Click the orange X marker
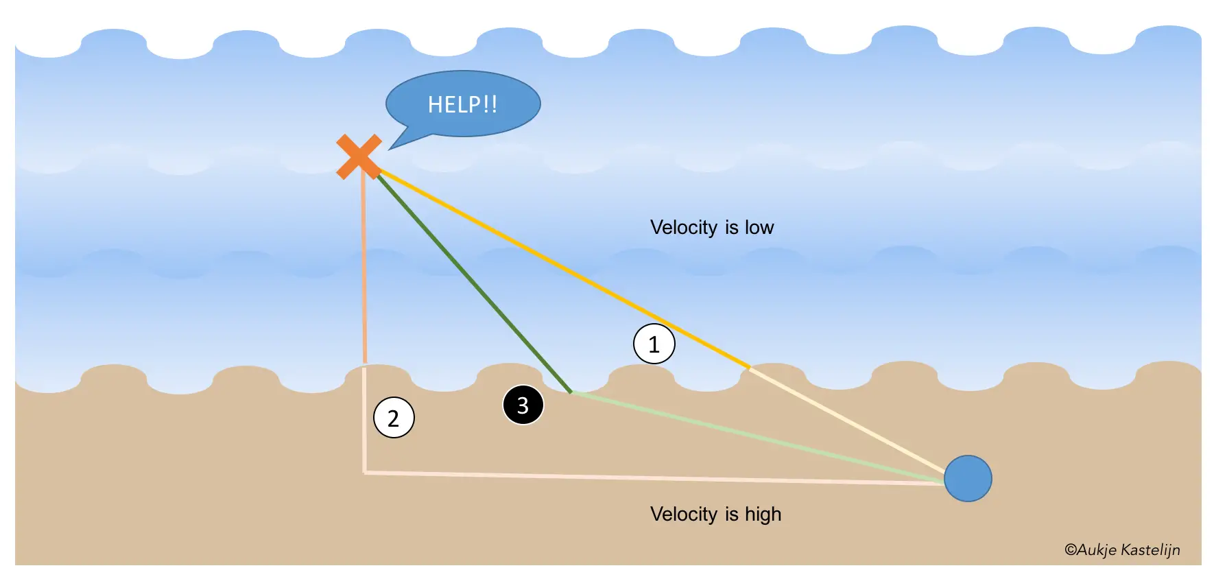click(x=359, y=156)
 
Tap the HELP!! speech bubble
click(x=464, y=104)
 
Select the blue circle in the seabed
click(x=968, y=478)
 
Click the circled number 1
click(x=654, y=344)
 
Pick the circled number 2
click(x=394, y=417)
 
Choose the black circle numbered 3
click(x=523, y=405)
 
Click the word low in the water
click(x=759, y=227)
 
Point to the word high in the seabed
click(x=763, y=514)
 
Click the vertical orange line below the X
click(x=364, y=274)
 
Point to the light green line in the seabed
click(x=754, y=436)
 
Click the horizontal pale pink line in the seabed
click(x=652, y=477)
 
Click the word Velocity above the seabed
click(x=683, y=227)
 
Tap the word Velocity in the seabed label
click(x=683, y=514)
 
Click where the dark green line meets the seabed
click(x=571, y=392)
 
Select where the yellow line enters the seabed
click(x=749, y=368)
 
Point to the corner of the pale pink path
click(x=364, y=472)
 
